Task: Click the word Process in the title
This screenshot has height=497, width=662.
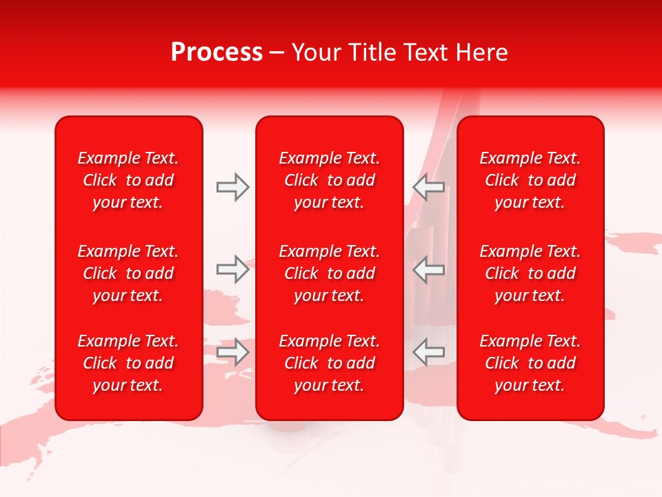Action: [217, 52]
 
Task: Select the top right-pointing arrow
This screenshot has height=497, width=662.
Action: [232, 187]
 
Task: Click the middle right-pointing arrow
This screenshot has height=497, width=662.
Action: [232, 269]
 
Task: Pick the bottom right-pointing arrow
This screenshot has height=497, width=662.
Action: [232, 352]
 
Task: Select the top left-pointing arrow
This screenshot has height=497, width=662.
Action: [429, 187]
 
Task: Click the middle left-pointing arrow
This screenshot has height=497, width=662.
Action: [429, 269]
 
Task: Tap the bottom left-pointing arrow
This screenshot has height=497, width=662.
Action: [429, 352]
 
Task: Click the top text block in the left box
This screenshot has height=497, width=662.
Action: [128, 180]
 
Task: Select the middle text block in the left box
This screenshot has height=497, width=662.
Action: [128, 273]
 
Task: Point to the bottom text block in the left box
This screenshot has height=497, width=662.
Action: [128, 363]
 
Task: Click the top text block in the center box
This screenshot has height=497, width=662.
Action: [329, 180]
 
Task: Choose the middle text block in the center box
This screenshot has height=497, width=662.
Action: [329, 273]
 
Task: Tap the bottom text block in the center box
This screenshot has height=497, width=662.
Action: [329, 363]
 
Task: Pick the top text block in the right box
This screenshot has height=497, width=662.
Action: [530, 180]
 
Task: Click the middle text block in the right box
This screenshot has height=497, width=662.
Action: [530, 273]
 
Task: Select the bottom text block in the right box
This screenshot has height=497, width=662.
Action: [530, 363]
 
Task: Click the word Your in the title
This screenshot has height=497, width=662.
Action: [317, 52]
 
